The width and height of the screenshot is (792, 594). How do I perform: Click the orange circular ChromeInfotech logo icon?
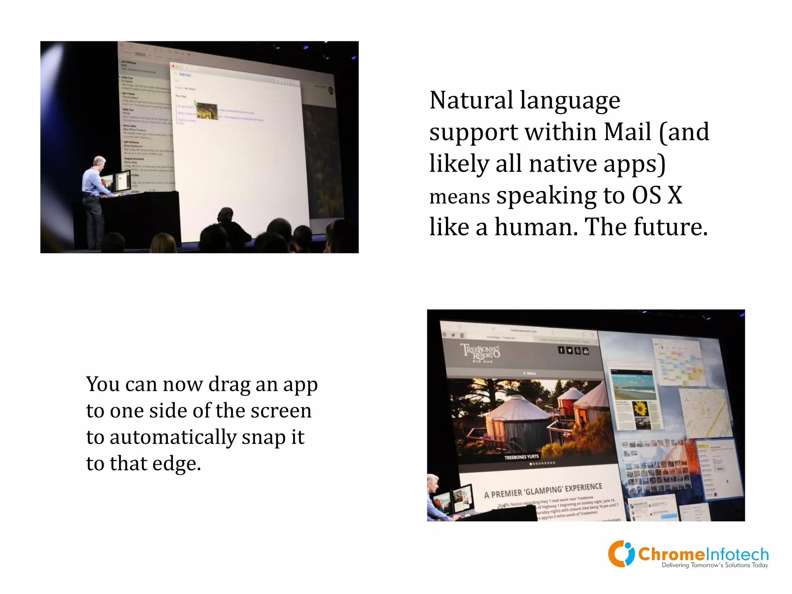(x=621, y=554)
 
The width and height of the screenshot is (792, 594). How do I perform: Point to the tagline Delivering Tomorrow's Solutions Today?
(x=715, y=565)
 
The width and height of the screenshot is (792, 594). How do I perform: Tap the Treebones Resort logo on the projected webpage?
(x=480, y=352)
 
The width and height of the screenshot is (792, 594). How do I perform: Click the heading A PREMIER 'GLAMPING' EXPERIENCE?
(x=543, y=491)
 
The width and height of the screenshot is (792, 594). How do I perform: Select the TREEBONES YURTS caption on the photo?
(x=521, y=457)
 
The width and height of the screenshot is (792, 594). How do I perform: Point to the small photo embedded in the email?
(x=207, y=111)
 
